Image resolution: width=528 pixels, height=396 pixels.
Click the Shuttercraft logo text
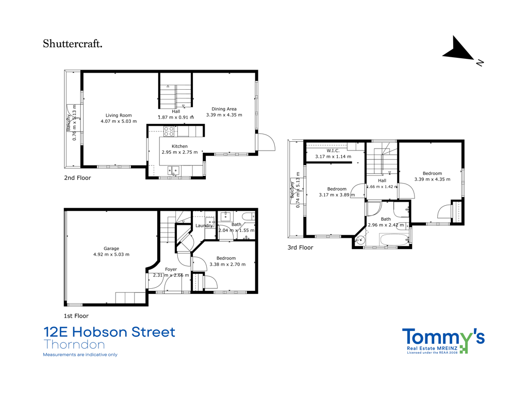click(x=72, y=44)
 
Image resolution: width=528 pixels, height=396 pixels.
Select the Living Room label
click(x=119, y=115)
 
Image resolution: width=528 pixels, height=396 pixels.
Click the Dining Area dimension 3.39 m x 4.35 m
click(x=224, y=115)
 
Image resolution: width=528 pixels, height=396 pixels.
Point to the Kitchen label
click(x=179, y=146)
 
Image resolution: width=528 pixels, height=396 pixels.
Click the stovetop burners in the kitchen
click(x=169, y=131)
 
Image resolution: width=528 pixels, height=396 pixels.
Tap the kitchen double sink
click(x=173, y=170)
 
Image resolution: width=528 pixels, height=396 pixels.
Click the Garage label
click(x=111, y=249)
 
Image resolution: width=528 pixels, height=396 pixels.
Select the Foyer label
click(x=171, y=269)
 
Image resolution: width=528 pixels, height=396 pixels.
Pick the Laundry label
click(x=204, y=226)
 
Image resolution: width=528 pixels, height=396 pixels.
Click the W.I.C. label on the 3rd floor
click(x=333, y=151)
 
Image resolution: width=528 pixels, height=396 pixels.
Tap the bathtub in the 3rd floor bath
click(x=393, y=240)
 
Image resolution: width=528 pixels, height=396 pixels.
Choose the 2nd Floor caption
click(x=77, y=178)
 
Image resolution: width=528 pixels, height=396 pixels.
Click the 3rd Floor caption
click(x=300, y=247)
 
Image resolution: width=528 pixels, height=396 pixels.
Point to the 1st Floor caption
click(x=76, y=316)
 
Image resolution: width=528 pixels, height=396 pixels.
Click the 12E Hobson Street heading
click(x=109, y=332)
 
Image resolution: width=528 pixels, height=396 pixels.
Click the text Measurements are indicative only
click(x=80, y=355)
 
